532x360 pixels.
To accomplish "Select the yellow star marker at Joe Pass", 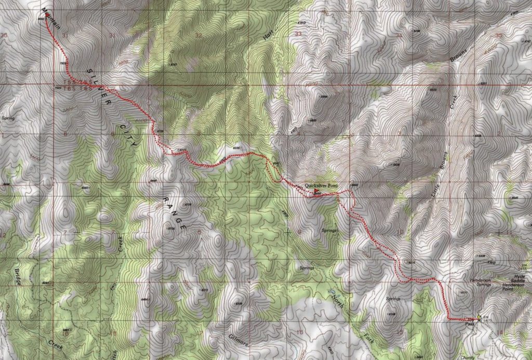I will [x=478, y=318].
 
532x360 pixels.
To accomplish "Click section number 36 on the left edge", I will [x=5, y=35].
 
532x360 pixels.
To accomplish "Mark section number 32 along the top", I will [x=198, y=35].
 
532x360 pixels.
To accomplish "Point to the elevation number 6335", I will [x=238, y=148].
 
